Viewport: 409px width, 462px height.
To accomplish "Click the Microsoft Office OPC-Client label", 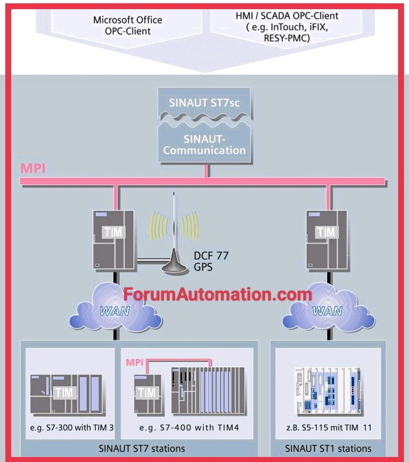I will click(127, 26).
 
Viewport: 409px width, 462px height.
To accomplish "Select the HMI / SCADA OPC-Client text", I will click(287, 27).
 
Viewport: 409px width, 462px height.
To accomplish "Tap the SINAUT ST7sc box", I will click(204, 102).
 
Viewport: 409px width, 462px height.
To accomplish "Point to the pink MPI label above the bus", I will click(33, 169).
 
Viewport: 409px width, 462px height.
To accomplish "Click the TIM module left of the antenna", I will click(113, 239).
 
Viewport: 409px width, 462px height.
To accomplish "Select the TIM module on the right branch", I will click(326, 239).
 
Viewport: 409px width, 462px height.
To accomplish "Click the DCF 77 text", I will click(211, 256).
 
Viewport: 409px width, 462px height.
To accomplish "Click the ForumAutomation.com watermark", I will click(217, 295).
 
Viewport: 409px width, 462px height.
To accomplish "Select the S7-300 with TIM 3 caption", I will click(71, 427).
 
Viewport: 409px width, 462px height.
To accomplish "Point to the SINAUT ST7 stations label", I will click(141, 448).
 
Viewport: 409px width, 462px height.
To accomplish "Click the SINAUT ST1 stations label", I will click(328, 448).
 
